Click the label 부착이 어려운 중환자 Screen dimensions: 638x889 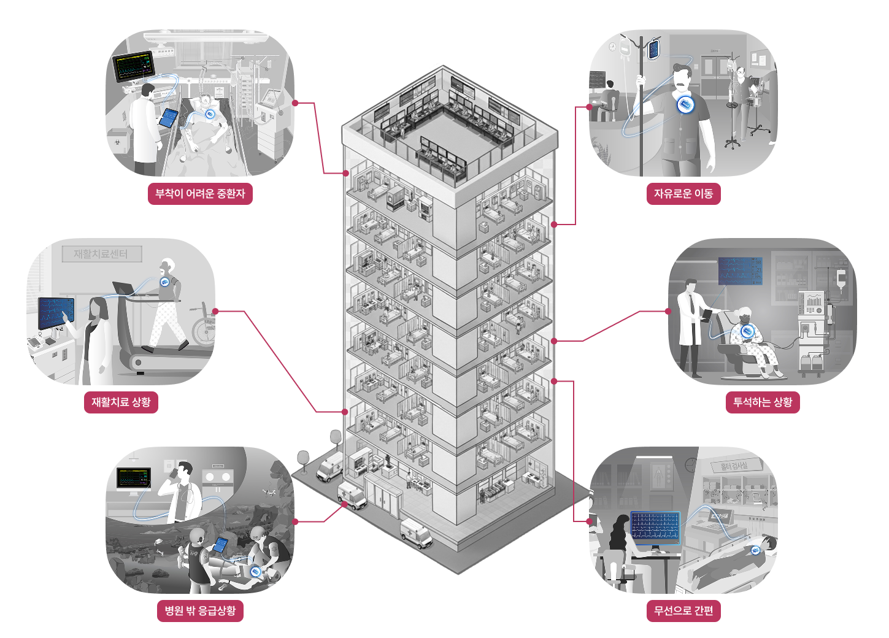[x=200, y=194]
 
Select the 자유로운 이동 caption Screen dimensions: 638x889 [x=683, y=194]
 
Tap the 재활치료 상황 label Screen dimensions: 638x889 [x=121, y=402]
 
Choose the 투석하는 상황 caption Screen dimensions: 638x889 [x=763, y=402]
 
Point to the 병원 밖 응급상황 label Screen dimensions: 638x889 [x=200, y=611]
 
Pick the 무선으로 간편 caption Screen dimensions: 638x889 [x=683, y=611]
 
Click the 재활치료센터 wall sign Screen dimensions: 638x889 [x=101, y=254]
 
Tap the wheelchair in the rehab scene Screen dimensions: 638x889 [x=203, y=325]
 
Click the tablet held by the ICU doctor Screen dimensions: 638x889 [x=168, y=118]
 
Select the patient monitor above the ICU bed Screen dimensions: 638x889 [x=134, y=66]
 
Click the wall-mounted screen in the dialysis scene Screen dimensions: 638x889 [x=740, y=271]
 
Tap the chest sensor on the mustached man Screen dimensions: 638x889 [x=687, y=105]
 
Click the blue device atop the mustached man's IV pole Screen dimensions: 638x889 [x=653, y=48]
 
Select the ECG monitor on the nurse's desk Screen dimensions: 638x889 [x=655, y=528]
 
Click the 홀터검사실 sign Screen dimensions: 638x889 [x=734, y=466]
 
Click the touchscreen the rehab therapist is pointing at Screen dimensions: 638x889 [x=56, y=312]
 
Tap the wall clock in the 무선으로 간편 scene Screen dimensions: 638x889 [x=691, y=464]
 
